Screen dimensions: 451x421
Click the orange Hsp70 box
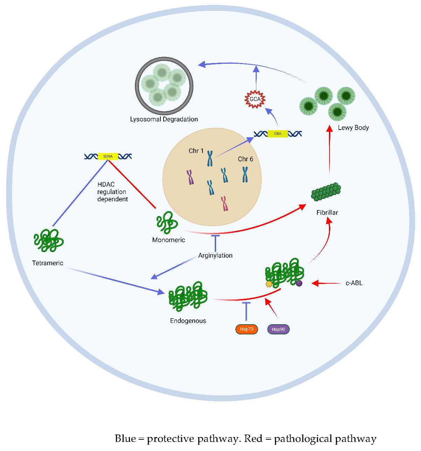pyautogui.click(x=247, y=329)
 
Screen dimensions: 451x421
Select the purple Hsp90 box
pyautogui.click(x=278, y=329)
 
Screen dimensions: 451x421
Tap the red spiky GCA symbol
pyautogui.click(x=255, y=99)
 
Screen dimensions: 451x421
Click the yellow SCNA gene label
pyautogui.click(x=108, y=157)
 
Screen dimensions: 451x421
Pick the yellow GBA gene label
pyautogui.click(x=277, y=134)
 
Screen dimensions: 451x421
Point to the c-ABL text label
pyautogui.click(x=354, y=283)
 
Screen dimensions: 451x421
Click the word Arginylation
pyautogui.click(x=215, y=256)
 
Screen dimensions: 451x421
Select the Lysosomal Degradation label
pyautogui.click(x=164, y=119)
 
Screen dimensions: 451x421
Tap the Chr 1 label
pyautogui.click(x=196, y=151)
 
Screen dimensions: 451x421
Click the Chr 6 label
pyautogui.click(x=245, y=159)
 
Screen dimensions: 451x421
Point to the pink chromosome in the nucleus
pyautogui.click(x=225, y=203)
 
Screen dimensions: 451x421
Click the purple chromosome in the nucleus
pyautogui.click(x=191, y=177)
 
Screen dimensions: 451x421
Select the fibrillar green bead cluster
pyautogui.click(x=326, y=192)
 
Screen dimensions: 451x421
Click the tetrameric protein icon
pyautogui.click(x=48, y=241)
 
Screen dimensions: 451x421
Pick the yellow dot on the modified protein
pyautogui.click(x=269, y=284)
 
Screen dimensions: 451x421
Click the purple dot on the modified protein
pyautogui.click(x=299, y=283)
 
